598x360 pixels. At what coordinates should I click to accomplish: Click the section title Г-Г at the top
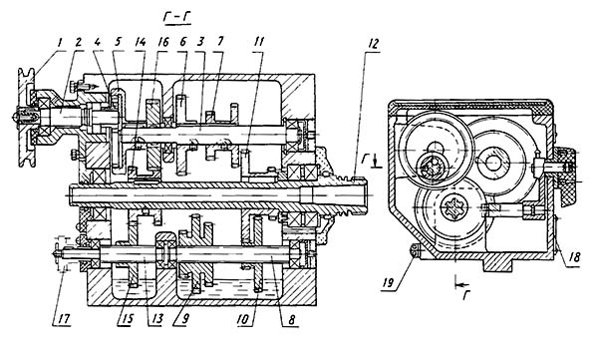[x=176, y=17]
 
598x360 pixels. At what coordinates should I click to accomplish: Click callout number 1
[x=59, y=43]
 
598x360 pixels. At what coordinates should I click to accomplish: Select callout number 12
[x=373, y=44]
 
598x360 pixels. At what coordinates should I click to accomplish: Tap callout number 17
[x=64, y=319]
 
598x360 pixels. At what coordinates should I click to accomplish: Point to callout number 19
[x=389, y=283]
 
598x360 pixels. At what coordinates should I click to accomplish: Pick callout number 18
[x=574, y=257]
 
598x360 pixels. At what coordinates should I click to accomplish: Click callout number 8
[x=291, y=320]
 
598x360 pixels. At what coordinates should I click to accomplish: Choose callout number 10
[x=244, y=319]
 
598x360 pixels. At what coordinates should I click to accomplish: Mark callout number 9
[x=184, y=319]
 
